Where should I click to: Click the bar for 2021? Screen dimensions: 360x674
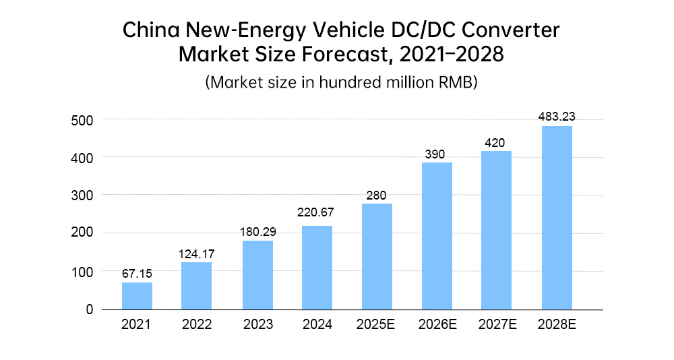[137, 296]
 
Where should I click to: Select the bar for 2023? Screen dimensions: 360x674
[257, 275]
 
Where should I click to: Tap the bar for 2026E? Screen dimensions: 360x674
[437, 236]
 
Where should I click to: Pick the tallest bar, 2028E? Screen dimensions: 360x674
[557, 218]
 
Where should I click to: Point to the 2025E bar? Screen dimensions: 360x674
[377, 256]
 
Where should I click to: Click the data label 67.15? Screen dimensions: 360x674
[137, 274]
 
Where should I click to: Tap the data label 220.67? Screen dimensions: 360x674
[317, 213]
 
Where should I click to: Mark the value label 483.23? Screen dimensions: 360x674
[557, 117]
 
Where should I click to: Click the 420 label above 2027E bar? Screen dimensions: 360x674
[497, 142]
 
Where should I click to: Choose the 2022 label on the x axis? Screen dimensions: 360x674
[197, 325]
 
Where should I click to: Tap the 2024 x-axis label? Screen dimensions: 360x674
[317, 325]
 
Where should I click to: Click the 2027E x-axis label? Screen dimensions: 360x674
[497, 325]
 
